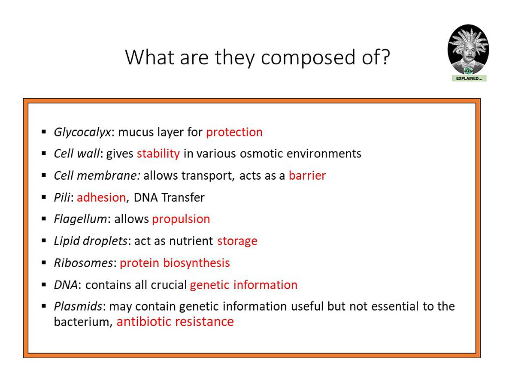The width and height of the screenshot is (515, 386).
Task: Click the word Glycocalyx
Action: [82, 133]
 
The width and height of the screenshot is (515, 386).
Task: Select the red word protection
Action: [234, 132]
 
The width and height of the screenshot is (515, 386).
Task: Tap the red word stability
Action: [158, 154]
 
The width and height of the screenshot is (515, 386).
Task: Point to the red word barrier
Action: [307, 175]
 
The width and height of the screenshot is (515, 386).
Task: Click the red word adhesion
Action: [101, 197]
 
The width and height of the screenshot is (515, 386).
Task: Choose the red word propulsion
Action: [181, 219]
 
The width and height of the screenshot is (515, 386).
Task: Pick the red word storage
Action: [237, 241]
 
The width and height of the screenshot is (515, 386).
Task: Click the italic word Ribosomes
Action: [84, 263]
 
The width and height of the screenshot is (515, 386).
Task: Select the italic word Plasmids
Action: [78, 306]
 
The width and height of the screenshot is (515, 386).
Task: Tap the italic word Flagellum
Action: [81, 219]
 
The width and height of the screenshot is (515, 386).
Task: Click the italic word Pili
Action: [62, 197]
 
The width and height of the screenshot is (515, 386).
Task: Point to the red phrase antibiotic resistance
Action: [175, 322]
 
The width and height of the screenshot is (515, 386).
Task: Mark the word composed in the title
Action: [308, 58]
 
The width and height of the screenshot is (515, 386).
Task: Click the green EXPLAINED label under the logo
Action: [469, 78]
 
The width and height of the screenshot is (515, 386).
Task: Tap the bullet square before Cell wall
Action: [44, 154]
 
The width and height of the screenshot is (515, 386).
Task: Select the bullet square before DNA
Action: [44, 285]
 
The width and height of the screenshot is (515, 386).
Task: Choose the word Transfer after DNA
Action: [183, 197]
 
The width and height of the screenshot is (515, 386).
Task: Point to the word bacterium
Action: [82, 322]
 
